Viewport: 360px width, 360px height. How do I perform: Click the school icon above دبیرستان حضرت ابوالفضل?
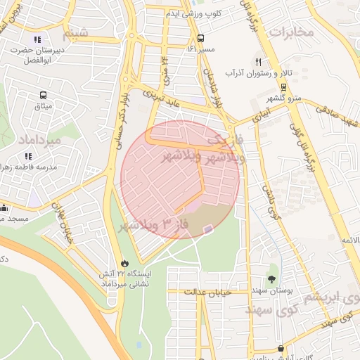click(37, 40)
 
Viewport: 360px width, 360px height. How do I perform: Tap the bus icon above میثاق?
click(44, 96)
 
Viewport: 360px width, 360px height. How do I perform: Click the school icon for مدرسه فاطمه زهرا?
click(28, 156)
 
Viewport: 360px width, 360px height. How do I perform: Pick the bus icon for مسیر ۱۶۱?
click(201, 38)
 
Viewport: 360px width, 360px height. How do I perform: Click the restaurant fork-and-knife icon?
click(259, 63)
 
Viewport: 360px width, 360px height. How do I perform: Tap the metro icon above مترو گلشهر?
click(283, 87)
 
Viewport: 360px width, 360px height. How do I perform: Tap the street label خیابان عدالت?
click(207, 290)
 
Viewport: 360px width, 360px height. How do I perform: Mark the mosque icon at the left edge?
click(4, 208)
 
